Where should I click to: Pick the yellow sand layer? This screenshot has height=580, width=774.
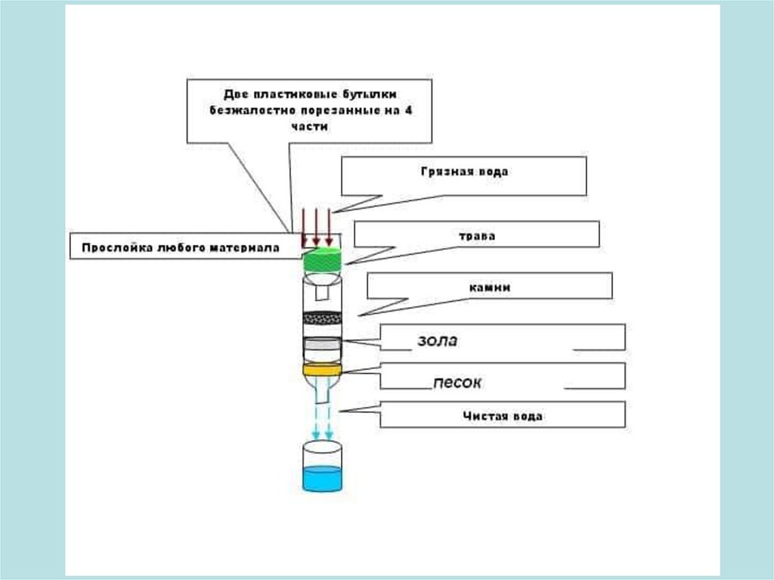coord(323,370)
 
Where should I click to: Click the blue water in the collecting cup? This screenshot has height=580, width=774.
coord(322,479)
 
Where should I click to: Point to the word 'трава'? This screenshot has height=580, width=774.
coord(476,236)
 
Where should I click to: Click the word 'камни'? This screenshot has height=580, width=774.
coord(489,287)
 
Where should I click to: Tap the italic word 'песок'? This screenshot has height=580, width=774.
coord(457,383)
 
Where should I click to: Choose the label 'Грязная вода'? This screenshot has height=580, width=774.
coord(464,172)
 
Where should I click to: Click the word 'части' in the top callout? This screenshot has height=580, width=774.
coord(312,126)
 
